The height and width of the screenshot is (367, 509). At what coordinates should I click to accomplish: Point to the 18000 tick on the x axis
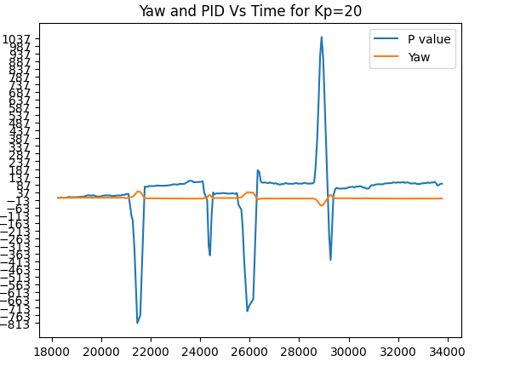coord(52,350)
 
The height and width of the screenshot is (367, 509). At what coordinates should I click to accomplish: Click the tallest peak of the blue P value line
coord(322,37)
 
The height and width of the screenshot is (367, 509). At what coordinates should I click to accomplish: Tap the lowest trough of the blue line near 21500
coord(137,323)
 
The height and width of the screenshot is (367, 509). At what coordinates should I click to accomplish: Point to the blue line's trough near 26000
coord(248,310)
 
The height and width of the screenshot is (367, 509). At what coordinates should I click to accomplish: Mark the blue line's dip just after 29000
coord(330,260)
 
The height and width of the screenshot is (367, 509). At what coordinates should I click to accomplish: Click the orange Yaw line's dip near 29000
coord(322,205)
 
